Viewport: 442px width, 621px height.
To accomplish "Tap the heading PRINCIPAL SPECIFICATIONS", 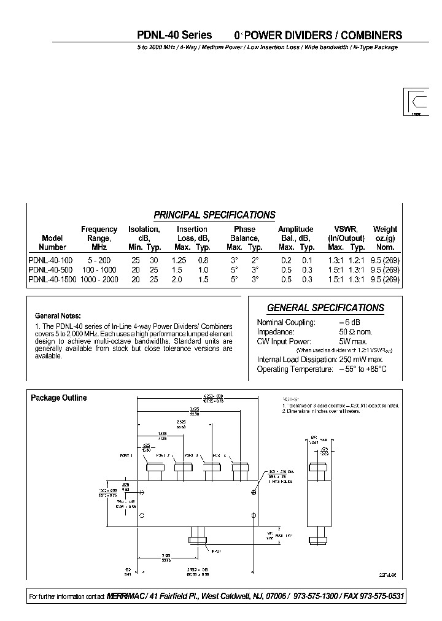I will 214,215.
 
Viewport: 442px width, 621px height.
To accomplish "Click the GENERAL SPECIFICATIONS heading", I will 325,308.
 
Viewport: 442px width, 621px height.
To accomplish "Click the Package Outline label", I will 59,398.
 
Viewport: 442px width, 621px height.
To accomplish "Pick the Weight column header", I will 385,229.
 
